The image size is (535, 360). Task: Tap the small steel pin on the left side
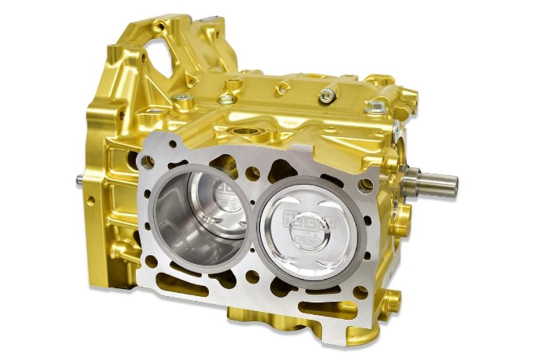(80, 179)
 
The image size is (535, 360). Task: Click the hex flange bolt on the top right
(375, 108)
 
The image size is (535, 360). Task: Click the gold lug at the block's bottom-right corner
(389, 302)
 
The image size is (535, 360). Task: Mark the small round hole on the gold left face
(90, 201)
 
